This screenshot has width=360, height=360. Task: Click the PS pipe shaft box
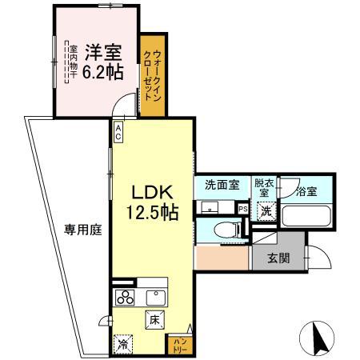(243, 209)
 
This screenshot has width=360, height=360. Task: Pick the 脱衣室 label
(263, 190)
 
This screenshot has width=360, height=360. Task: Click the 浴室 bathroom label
(306, 191)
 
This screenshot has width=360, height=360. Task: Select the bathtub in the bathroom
(306, 215)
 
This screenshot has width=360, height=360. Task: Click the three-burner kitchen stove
(126, 298)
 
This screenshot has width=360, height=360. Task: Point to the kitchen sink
(155, 298)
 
